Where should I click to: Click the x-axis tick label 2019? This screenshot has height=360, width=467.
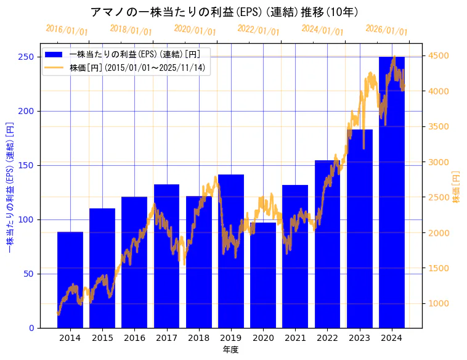pyautogui.click(x=231, y=338)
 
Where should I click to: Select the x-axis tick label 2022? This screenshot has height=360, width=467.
pyautogui.click(x=327, y=338)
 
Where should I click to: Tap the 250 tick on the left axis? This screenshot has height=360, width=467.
pyautogui.click(x=26, y=57)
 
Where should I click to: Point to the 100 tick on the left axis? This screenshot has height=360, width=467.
pyautogui.click(x=26, y=219)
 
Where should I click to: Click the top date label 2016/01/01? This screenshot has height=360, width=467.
pyautogui.click(x=67, y=30)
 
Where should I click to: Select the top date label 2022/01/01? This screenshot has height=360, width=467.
pyautogui.click(x=258, y=30)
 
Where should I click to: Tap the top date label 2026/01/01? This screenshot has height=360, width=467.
pyautogui.click(x=386, y=30)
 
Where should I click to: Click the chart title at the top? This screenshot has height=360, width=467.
pyautogui.click(x=224, y=12)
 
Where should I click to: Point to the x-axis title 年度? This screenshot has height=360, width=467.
pyautogui.click(x=230, y=350)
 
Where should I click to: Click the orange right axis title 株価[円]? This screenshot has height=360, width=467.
pyautogui.click(x=457, y=187)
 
